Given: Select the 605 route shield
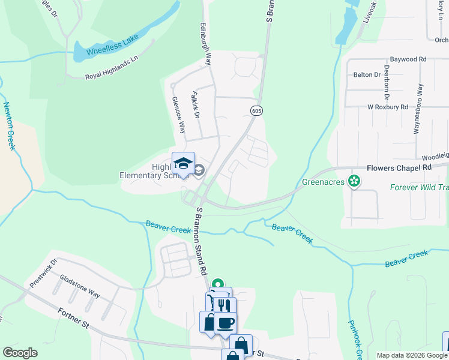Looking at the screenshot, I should [256, 110].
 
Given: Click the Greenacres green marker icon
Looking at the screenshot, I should [354, 181].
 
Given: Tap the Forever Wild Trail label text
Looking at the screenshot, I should [419, 187].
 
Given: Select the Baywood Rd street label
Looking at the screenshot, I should [408, 59].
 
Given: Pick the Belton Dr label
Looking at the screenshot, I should [367, 75].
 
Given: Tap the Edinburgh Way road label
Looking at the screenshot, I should [207, 44].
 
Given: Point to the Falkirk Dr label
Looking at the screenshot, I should [194, 104].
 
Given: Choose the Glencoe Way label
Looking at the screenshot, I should [179, 115].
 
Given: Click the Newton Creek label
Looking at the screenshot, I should [9, 126].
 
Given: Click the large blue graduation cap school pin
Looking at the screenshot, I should [184, 163].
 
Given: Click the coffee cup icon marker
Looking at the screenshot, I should [225, 323].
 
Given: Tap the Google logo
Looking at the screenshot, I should [19, 353].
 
